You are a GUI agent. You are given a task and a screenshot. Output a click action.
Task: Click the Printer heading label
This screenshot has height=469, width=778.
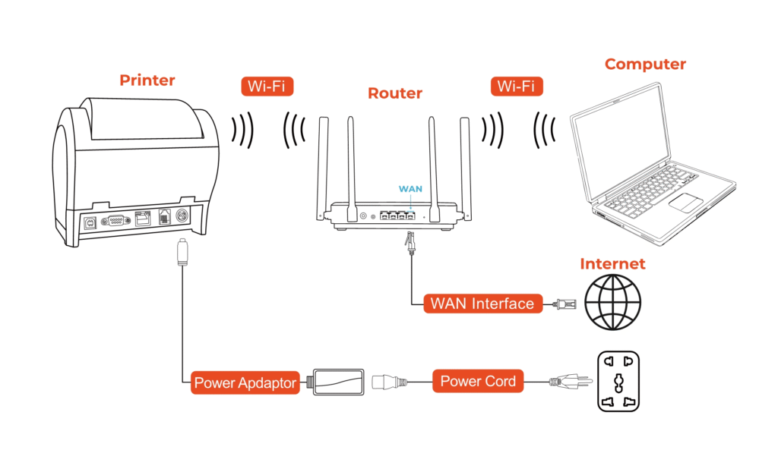click(147, 80)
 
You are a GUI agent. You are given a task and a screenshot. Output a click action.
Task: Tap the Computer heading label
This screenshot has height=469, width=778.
click(645, 65)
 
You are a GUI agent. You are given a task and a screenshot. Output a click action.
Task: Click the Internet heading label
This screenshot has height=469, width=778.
click(612, 264)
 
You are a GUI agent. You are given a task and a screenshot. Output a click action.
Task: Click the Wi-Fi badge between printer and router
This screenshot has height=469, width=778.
click(267, 86)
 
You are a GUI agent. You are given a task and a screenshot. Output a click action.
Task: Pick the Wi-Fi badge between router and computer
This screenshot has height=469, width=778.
click(517, 86)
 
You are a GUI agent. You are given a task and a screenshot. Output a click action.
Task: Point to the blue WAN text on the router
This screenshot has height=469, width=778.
click(410, 188)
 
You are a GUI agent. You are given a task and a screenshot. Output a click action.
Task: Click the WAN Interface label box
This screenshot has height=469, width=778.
click(482, 304)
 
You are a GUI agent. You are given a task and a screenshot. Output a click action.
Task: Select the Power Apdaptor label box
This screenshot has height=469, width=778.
click(245, 382)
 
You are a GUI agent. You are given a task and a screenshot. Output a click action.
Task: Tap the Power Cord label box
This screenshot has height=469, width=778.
click(478, 381)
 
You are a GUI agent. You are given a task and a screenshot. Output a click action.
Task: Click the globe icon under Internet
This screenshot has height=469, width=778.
click(612, 304)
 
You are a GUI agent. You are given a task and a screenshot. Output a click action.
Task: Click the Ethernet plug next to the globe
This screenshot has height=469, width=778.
click(565, 304)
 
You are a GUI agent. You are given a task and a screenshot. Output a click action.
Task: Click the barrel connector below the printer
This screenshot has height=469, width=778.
click(182, 252)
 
